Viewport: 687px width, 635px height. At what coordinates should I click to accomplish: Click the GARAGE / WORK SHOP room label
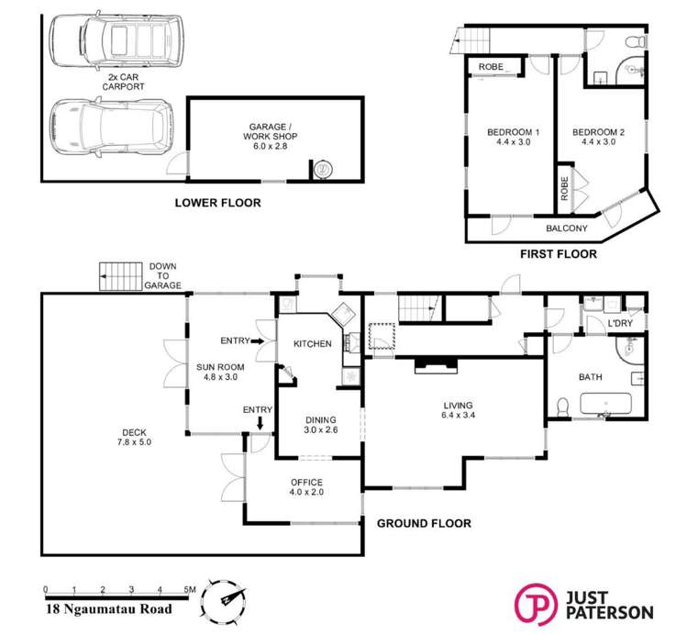click(x=270, y=137)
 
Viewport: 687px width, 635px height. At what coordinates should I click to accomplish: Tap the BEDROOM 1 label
click(x=513, y=137)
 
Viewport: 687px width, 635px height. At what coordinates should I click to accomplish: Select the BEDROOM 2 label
click(x=599, y=137)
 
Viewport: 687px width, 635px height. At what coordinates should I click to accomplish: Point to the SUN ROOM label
click(x=220, y=372)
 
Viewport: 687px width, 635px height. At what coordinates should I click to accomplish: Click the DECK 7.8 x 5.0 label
click(x=134, y=438)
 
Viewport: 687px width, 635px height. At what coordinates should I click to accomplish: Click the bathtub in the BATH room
click(x=605, y=404)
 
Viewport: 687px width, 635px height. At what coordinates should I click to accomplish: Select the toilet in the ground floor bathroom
click(x=561, y=407)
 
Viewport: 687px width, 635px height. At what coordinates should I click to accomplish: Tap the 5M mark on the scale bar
click(x=189, y=589)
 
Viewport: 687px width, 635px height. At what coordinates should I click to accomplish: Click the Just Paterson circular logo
click(x=536, y=605)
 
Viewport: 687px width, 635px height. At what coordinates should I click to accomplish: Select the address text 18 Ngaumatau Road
click(x=108, y=608)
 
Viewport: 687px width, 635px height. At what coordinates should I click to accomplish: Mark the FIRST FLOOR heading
click(x=559, y=254)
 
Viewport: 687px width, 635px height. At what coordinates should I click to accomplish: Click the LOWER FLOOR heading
click(x=217, y=203)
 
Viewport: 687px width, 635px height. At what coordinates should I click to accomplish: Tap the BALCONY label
click(x=566, y=228)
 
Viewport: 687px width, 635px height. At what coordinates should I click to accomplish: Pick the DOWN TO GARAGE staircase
click(x=121, y=276)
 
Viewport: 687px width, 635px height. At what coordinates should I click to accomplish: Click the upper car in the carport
click(x=116, y=41)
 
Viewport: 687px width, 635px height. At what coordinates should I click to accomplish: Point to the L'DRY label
click(x=620, y=323)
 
